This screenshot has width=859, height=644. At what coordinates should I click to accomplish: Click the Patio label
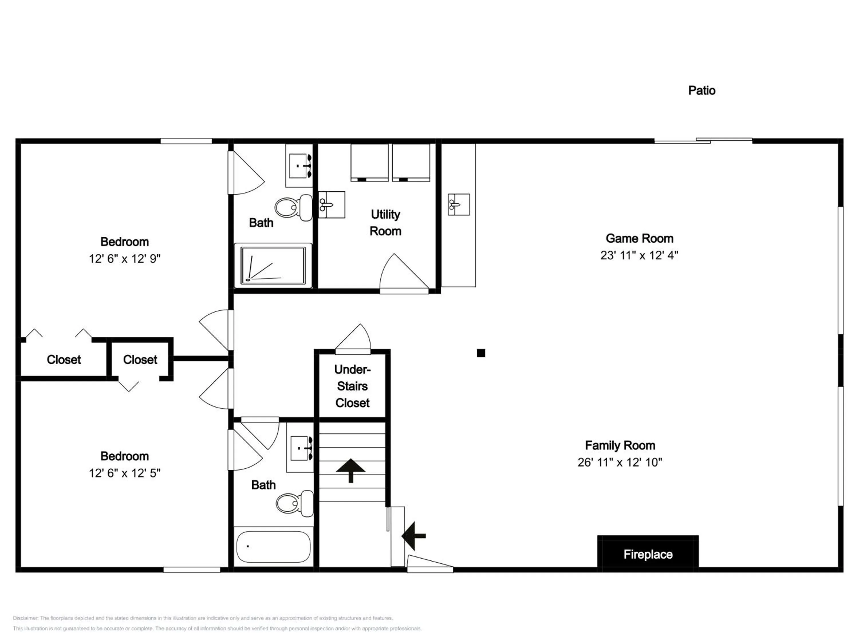702,90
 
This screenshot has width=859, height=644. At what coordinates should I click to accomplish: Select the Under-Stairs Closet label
352,386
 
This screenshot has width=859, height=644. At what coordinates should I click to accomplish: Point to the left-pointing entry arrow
413,536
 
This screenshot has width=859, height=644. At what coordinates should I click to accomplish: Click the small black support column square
481,353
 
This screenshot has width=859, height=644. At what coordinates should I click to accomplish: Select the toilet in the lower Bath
295,503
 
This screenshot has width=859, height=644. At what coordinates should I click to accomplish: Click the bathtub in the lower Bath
273,547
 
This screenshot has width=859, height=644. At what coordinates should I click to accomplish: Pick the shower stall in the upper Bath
273,266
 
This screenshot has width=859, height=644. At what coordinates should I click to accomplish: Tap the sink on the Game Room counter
459,204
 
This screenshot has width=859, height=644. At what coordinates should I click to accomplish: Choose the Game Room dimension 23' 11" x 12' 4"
639,255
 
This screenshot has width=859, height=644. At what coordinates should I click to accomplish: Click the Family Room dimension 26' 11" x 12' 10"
620,462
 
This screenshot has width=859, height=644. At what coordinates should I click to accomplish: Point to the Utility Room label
385,222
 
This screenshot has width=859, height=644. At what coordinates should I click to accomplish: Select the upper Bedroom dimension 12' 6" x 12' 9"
125,258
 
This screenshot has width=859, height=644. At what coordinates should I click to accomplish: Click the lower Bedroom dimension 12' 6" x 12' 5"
125,473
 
